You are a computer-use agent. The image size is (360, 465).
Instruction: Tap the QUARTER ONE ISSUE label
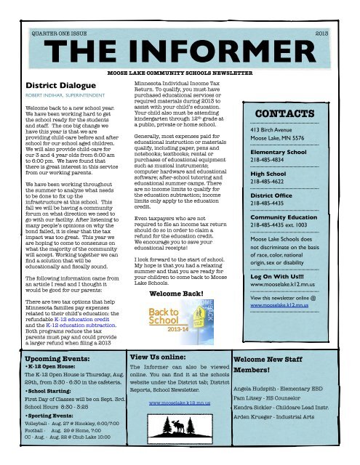(x=61, y=33)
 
